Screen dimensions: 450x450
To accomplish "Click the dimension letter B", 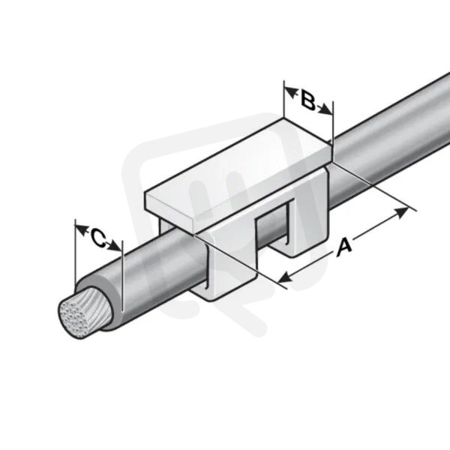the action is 308,100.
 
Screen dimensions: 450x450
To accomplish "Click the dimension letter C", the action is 99,238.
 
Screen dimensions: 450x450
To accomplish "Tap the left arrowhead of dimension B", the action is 291,93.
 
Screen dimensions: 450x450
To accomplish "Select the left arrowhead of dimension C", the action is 82,229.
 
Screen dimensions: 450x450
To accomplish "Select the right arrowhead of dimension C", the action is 114,246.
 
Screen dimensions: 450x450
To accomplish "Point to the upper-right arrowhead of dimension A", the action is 401,212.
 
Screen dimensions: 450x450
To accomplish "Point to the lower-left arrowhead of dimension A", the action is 286,277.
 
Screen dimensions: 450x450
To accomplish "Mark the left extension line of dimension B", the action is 283,99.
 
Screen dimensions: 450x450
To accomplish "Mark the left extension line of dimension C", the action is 75,252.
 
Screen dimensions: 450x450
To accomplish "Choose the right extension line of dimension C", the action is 122,276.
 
